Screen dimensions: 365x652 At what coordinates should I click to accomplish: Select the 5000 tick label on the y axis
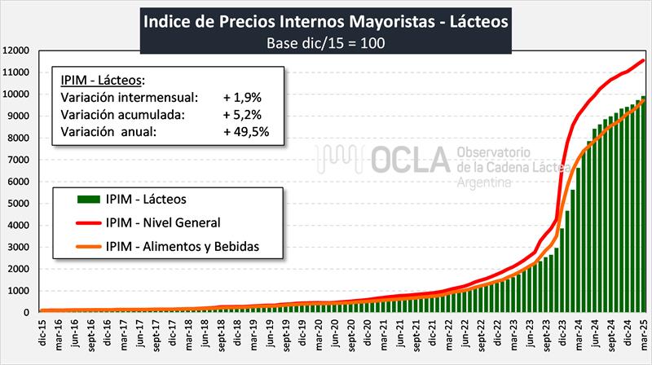19,203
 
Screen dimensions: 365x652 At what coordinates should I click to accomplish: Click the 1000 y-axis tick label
19,290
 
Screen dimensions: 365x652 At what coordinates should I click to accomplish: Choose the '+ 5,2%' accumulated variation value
241,113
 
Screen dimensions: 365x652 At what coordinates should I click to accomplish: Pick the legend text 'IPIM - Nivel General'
163,221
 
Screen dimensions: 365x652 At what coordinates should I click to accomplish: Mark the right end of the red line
645,60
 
